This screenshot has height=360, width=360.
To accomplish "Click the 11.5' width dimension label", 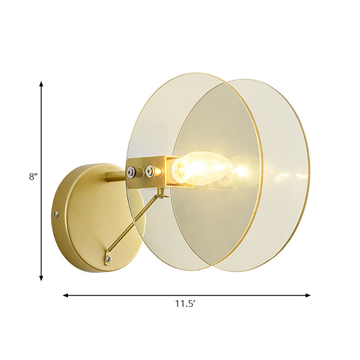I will pyautogui.click(x=185, y=304).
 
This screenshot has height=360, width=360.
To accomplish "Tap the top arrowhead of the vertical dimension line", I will pyautogui.click(x=41, y=84).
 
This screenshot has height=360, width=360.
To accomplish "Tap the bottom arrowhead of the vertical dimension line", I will pyautogui.click(x=41, y=279).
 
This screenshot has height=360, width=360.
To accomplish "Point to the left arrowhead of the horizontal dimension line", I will pyautogui.click(x=65, y=295).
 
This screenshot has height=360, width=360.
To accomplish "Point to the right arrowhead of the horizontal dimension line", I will pyautogui.click(x=308, y=295).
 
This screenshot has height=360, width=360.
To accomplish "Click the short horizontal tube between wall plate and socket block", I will pyautogui.click(x=116, y=176).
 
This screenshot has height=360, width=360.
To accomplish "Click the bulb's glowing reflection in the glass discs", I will pyautogui.click(x=241, y=170).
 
